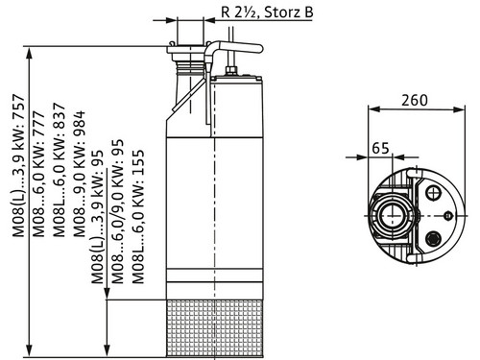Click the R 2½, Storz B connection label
pyautogui.click(x=267, y=12)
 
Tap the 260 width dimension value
pyautogui.click(x=415, y=100)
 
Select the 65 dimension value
pyautogui.click(x=380, y=148)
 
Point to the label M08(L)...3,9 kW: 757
pyautogui.click(x=18, y=165)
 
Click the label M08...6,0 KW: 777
pyautogui.click(x=39, y=174)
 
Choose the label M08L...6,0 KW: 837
pyautogui.click(x=60, y=170)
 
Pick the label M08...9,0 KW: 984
pyautogui.click(x=80, y=174)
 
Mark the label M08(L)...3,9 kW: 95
pyautogui.click(x=98, y=217)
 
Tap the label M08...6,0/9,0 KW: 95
pyautogui.click(x=118, y=211)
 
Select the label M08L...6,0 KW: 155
pyautogui.click(x=138, y=217)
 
